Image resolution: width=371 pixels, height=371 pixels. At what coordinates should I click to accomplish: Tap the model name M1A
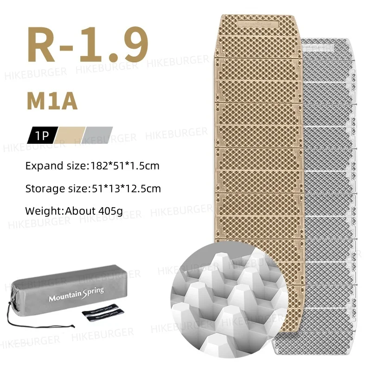(51, 101)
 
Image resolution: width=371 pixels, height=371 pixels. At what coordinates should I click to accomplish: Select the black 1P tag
(42, 136)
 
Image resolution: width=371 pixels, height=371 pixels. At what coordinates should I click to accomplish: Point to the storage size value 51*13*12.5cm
(124, 189)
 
